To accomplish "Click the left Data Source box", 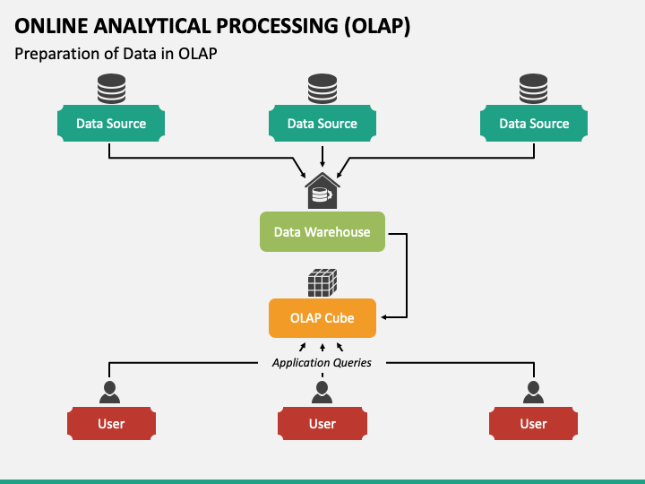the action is (111, 123).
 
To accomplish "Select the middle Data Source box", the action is (322, 123).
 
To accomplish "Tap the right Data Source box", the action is (534, 123).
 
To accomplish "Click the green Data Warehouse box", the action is (322, 232).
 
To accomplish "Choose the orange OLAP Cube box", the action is (322, 318).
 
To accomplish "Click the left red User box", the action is (111, 423).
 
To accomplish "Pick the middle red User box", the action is (322, 423).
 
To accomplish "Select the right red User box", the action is (533, 423).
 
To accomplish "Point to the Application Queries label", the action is (322, 363).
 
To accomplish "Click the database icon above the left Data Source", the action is (111, 89).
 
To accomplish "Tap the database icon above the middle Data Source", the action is (322, 89).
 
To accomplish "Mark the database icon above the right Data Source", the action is (534, 89).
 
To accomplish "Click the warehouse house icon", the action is (322, 191).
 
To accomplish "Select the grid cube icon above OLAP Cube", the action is (322, 282).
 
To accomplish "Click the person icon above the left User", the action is (110, 393).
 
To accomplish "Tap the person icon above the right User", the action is (533, 393).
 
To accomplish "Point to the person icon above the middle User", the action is (322, 393).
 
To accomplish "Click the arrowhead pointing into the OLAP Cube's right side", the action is (383, 317).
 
